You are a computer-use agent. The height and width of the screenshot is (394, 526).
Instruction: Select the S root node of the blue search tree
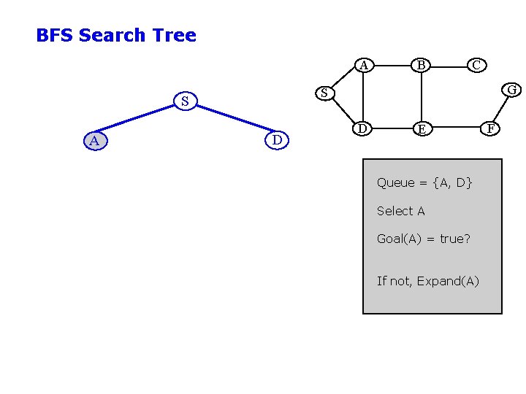[x=185, y=101]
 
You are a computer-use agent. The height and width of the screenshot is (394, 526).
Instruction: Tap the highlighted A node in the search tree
[x=94, y=140]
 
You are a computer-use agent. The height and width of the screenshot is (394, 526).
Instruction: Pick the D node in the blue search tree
[x=277, y=139]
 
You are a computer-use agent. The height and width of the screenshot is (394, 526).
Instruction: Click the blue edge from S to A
[x=139, y=120]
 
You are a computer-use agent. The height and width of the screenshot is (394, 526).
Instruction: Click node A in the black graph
[x=364, y=66]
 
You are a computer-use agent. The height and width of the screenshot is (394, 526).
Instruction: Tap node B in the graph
[x=422, y=66]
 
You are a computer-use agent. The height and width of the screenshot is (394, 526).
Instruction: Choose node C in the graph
[x=476, y=65]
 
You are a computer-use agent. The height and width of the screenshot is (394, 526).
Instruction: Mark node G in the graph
[x=512, y=90]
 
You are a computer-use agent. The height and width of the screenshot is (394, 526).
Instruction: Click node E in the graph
[x=422, y=129]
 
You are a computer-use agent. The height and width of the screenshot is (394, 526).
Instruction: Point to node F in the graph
[x=492, y=129]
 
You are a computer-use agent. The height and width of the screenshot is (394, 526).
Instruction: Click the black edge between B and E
[x=422, y=97]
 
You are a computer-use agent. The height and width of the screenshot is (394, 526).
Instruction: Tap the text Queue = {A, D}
[x=424, y=182]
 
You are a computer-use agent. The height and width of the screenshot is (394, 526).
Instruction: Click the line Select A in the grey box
[x=400, y=211]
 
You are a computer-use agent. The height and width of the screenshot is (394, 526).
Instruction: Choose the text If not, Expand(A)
[x=428, y=281]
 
